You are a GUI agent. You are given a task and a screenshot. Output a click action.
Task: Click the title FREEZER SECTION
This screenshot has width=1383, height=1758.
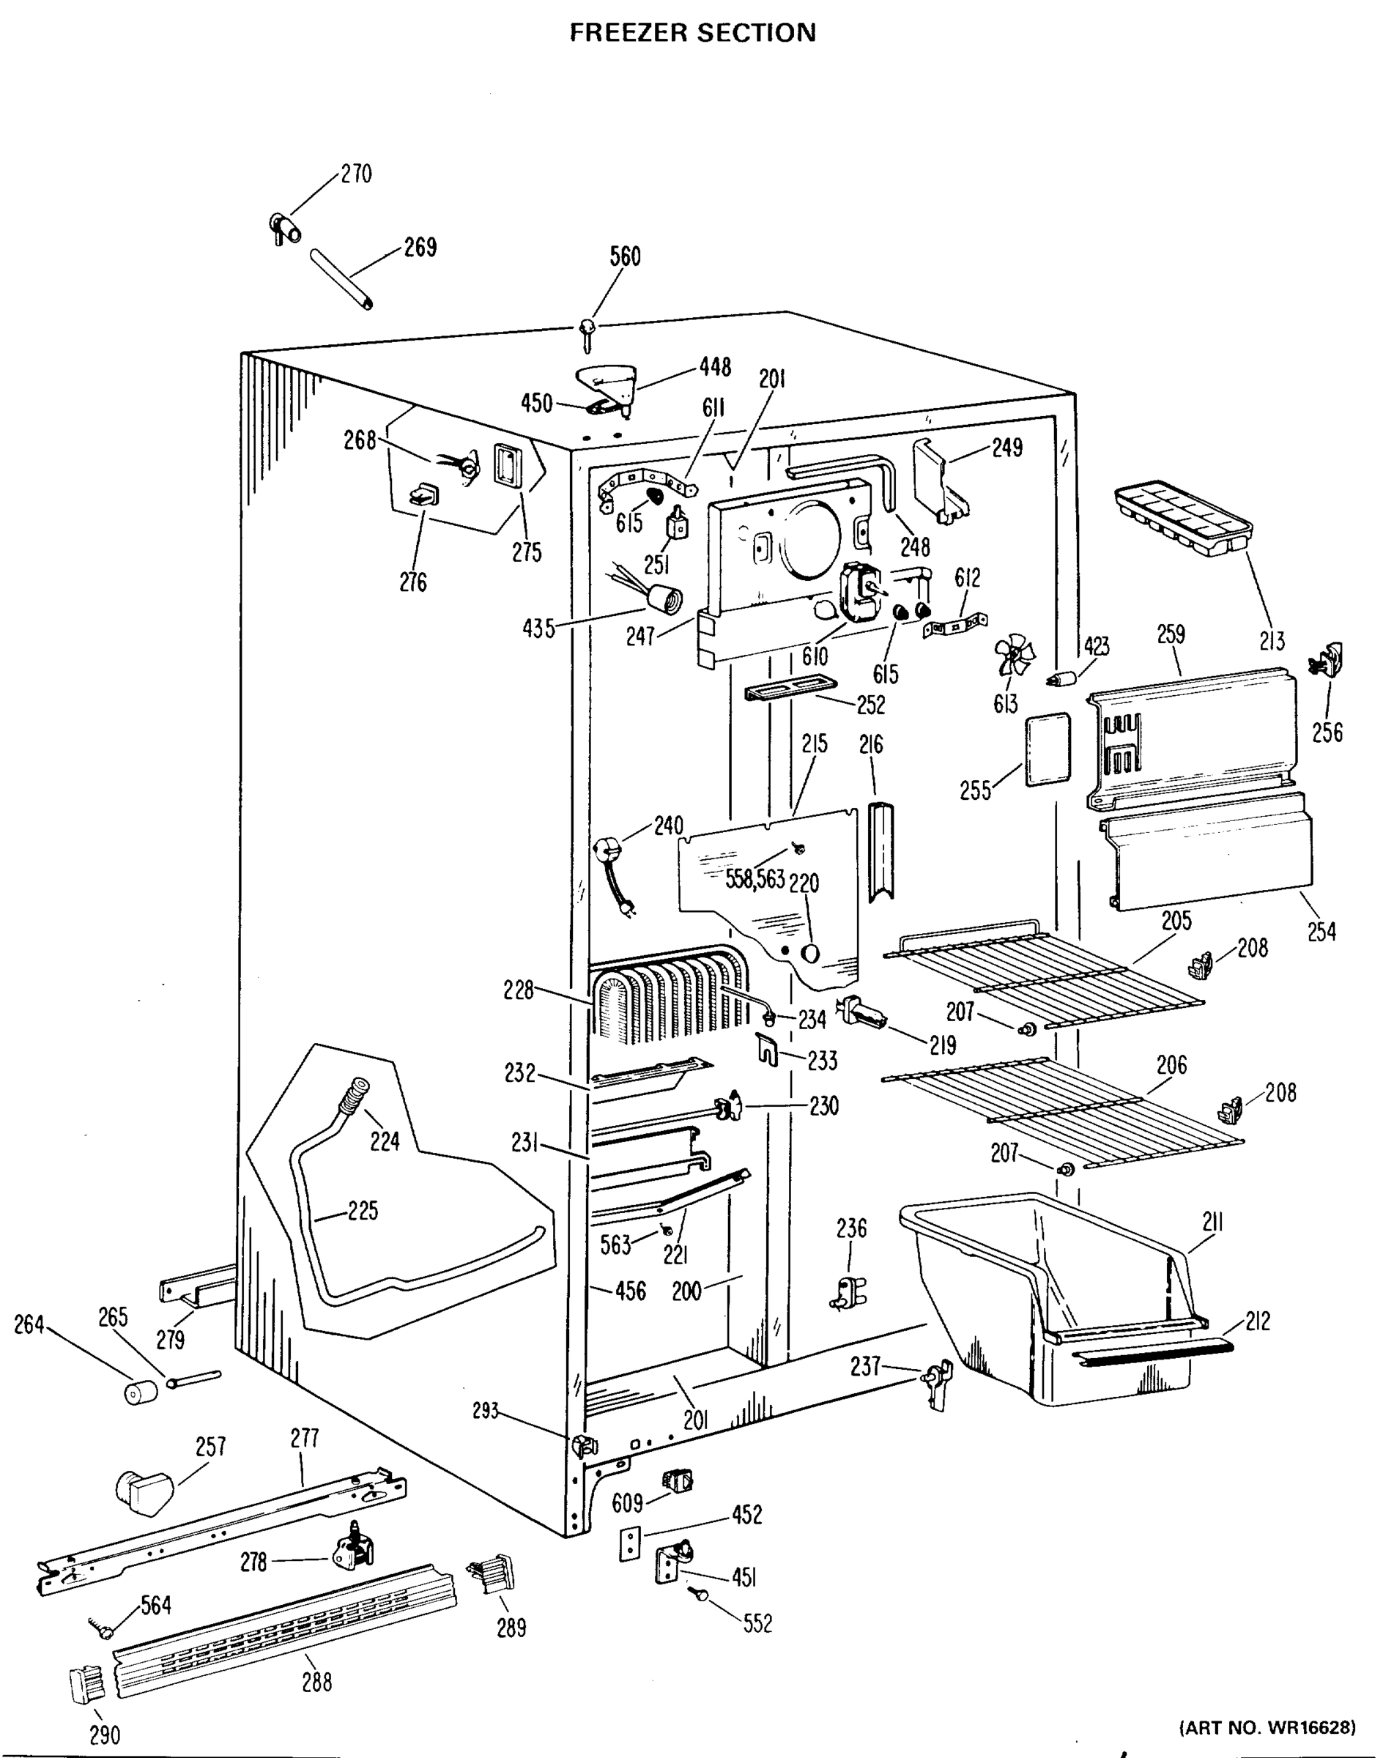[692, 32]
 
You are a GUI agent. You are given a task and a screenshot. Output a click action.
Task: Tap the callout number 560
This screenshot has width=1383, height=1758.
[625, 256]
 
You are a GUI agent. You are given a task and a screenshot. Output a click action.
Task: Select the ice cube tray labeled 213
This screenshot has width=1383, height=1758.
[1182, 519]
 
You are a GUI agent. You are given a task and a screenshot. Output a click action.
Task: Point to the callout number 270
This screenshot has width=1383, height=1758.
[355, 174]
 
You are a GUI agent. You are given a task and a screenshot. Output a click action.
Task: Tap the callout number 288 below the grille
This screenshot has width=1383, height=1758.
[316, 1683]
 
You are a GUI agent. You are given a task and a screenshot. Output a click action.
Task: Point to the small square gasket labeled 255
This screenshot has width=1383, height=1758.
[1047, 750]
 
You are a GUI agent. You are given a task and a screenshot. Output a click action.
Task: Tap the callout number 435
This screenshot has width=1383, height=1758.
[539, 628]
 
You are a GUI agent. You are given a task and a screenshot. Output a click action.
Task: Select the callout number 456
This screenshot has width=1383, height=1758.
[630, 1291]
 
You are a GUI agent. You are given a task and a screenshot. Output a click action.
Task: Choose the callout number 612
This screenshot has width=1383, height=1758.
[968, 576]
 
